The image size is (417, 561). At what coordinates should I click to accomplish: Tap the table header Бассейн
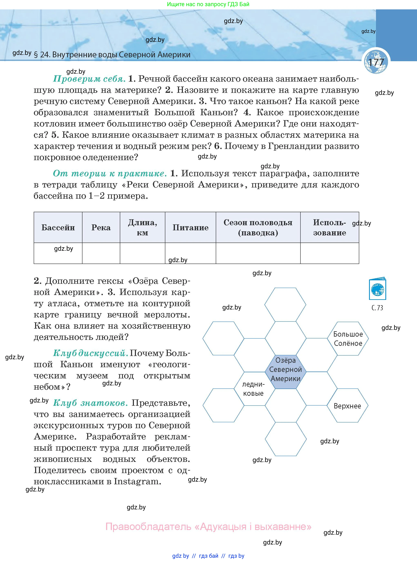[x=58, y=227]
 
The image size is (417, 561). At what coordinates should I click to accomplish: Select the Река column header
[x=101, y=227]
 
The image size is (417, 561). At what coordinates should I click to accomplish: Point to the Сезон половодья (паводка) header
[x=258, y=227]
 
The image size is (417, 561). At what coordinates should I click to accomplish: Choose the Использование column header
[x=329, y=227]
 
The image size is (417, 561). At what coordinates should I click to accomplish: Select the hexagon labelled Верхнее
[x=347, y=406]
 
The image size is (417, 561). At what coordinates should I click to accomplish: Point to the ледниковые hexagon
[x=254, y=389]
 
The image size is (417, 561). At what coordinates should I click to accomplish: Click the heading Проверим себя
[x=89, y=79]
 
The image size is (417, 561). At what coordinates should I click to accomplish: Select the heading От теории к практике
[x=110, y=173]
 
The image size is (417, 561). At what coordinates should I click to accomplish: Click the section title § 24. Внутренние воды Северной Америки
[x=112, y=55]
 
